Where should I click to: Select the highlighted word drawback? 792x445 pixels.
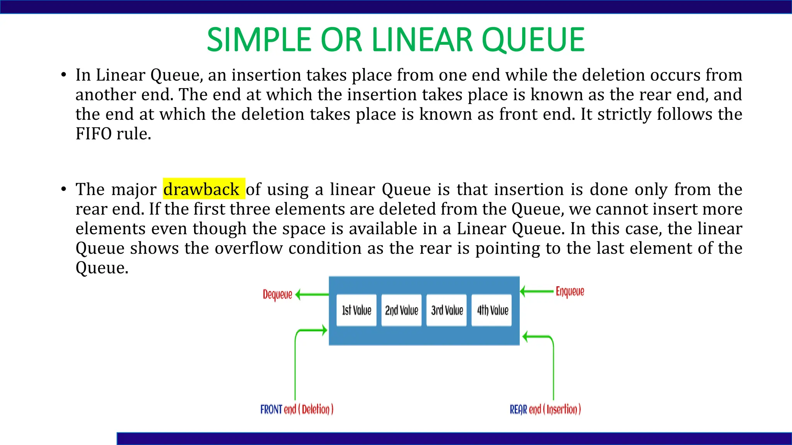(x=201, y=189)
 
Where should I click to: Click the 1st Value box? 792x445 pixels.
(x=356, y=310)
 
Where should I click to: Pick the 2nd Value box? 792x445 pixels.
(x=401, y=310)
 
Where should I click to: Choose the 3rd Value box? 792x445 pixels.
(x=447, y=310)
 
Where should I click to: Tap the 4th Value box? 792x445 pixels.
(x=492, y=310)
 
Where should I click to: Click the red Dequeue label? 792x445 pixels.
(x=277, y=295)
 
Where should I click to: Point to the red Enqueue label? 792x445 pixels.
(x=570, y=291)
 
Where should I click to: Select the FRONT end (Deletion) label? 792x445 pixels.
(x=297, y=409)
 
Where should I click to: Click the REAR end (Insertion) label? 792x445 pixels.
(x=545, y=409)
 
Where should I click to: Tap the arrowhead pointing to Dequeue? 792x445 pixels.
(x=298, y=295)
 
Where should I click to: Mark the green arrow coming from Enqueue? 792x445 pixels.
(x=538, y=291)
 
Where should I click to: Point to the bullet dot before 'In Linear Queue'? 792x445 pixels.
(x=63, y=75)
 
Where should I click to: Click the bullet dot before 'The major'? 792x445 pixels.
(x=63, y=189)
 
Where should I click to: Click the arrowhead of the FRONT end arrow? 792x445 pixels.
(x=324, y=330)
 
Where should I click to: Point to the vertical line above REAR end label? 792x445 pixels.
(x=553, y=371)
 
